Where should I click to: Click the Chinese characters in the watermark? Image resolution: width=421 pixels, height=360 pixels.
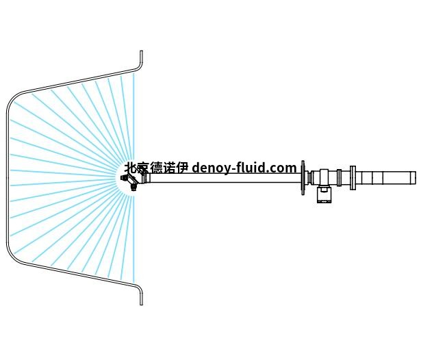pos(155,168)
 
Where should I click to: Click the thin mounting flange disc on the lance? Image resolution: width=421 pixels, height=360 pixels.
pos(303,178)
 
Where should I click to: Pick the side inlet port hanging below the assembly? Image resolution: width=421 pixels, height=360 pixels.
pos(324,195)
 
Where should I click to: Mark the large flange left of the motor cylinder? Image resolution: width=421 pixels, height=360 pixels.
pos(353,178)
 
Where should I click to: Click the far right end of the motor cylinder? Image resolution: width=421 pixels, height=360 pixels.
pos(413,178)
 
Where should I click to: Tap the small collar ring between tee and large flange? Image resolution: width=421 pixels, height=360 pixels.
pos(340,178)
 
